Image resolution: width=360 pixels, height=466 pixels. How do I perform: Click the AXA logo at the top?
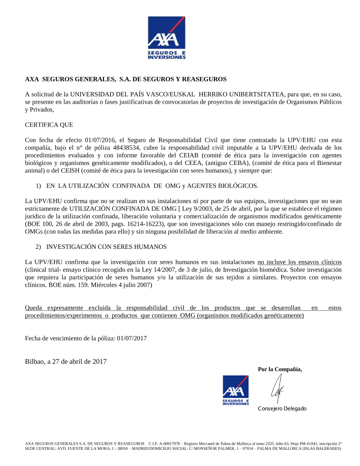[x=166, y=37]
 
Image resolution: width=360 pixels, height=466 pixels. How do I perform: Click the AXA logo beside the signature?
[x=235, y=390]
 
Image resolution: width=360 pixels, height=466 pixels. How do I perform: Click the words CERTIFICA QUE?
[x=49, y=125]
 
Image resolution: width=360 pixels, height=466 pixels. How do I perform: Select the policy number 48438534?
[x=126, y=148]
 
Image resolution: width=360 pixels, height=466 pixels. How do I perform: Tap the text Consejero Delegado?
[x=282, y=408]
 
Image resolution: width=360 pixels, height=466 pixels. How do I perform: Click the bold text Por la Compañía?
[x=280, y=369]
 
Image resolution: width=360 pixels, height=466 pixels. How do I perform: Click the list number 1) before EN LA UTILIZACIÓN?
[x=38, y=186]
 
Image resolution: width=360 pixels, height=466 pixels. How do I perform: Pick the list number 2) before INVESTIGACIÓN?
[x=38, y=247]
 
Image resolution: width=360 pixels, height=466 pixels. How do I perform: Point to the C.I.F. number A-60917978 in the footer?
[x=169, y=444]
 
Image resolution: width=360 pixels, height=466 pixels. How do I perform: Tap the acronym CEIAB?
[x=189, y=155]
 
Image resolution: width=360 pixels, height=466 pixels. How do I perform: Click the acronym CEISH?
[x=70, y=170]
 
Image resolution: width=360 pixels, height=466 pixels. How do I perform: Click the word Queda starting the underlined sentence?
[x=33, y=308]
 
